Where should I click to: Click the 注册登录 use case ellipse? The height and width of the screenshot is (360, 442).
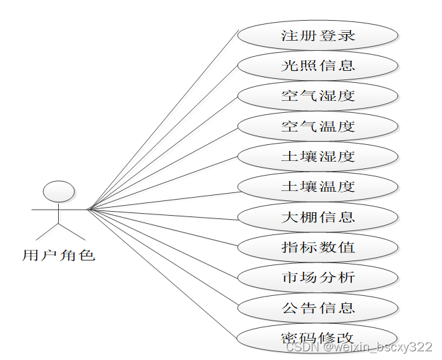[x=318, y=35]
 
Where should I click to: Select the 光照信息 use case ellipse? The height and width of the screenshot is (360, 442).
[x=318, y=65]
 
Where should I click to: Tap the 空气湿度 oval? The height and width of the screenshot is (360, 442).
[x=318, y=96]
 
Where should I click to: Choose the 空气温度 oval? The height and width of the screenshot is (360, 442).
[x=318, y=126]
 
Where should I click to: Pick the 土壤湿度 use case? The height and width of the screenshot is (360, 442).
[x=318, y=156]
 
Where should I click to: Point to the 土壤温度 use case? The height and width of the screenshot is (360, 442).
[x=318, y=186]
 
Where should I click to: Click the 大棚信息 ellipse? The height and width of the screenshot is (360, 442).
[x=318, y=217]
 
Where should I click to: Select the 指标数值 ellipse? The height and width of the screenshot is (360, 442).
[x=318, y=247]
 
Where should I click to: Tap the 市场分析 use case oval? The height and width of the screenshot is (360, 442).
[x=318, y=277]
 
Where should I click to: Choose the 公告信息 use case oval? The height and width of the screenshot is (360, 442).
[x=318, y=308]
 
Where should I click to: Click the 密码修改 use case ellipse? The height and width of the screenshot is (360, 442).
[x=318, y=337]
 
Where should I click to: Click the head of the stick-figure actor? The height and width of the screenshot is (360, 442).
[x=59, y=191]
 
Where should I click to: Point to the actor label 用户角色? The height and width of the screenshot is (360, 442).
[x=59, y=255]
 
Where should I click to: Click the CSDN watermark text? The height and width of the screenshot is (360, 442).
[x=359, y=347]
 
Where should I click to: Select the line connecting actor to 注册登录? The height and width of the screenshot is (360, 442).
[x=164, y=120]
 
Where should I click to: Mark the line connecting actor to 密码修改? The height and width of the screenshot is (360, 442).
[x=164, y=274]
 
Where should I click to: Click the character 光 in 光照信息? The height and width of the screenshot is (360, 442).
[x=290, y=65]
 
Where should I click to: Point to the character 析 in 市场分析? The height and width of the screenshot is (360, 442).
[x=347, y=277]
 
